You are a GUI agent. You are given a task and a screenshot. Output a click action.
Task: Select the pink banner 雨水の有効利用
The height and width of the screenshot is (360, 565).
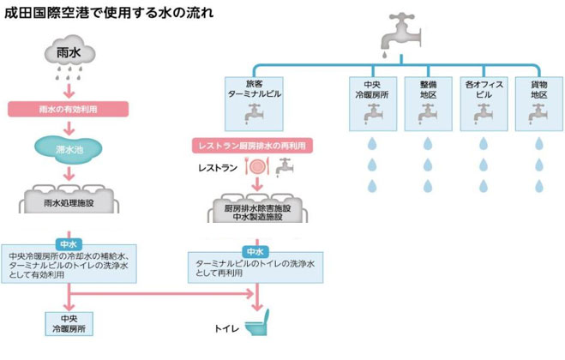[68, 109]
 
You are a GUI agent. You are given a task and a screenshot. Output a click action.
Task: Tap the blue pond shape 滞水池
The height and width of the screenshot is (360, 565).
[67, 149]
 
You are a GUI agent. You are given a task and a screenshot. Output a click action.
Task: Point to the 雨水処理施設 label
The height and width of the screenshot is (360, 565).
[68, 204]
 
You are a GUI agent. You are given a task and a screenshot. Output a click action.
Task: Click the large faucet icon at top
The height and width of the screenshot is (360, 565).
[400, 34]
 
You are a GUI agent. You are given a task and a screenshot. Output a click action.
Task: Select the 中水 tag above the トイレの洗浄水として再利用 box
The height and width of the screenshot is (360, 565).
[255, 252]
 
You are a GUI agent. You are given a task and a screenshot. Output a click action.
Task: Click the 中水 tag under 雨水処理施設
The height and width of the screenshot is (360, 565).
[67, 243]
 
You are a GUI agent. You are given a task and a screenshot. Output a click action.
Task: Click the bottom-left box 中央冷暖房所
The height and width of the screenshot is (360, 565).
[67, 323]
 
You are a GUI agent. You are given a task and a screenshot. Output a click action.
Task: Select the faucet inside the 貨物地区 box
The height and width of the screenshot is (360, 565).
[538, 112]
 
